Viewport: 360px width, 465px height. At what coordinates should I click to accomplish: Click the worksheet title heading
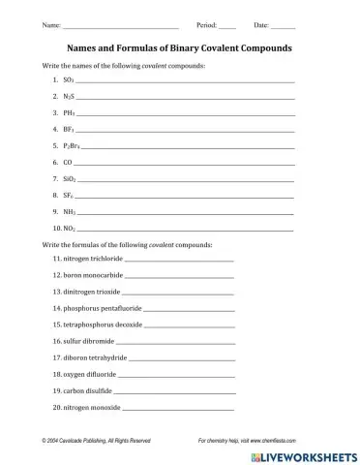(x=179, y=46)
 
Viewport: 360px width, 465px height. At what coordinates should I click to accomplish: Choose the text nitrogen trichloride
(x=93, y=260)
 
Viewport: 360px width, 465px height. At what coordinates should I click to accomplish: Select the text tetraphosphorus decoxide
(x=103, y=325)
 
